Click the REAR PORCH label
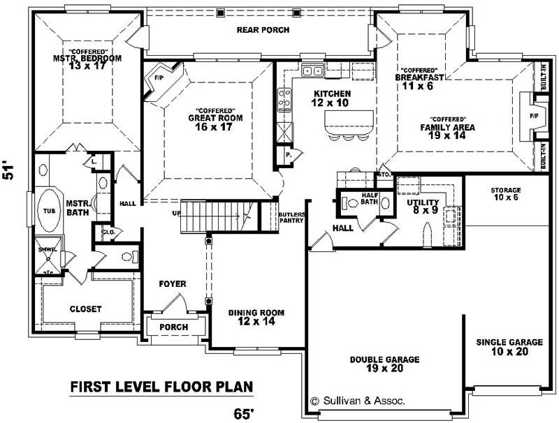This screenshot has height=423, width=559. [x=263, y=30]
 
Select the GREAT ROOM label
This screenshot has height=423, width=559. [x=215, y=119]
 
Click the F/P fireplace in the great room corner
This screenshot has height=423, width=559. [x=159, y=79]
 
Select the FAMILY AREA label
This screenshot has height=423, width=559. [x=447, y=128]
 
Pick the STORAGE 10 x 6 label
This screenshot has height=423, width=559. [x=506, y=194]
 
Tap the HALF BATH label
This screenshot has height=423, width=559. [x=369, y=198]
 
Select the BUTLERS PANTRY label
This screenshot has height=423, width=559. [x=290, y=217]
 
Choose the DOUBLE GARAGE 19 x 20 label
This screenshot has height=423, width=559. [x=384, y=364]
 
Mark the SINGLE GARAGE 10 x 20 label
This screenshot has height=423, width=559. [x=509, y=347]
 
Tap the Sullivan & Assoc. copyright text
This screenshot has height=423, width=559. [x=357, y=401]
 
